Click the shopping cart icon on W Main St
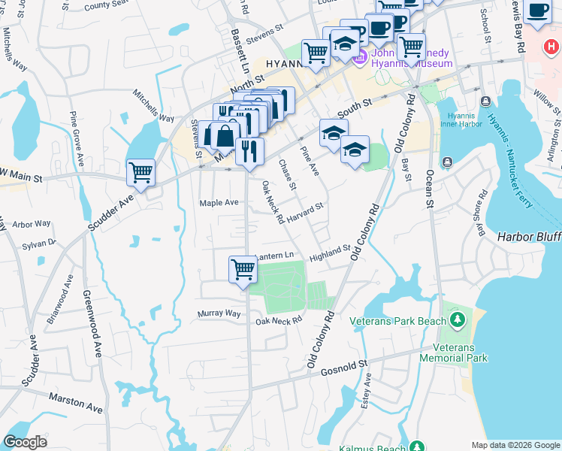coord(140,173)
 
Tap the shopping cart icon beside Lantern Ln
coord(243,268)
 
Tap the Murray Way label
coord(219,313)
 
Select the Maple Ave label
coord(219,203)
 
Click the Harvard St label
coord(304,210)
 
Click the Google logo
coord(25,441)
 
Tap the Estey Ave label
coord(367,394)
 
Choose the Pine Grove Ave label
coord(77,138)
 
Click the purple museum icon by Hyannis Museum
coord(359,56)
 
